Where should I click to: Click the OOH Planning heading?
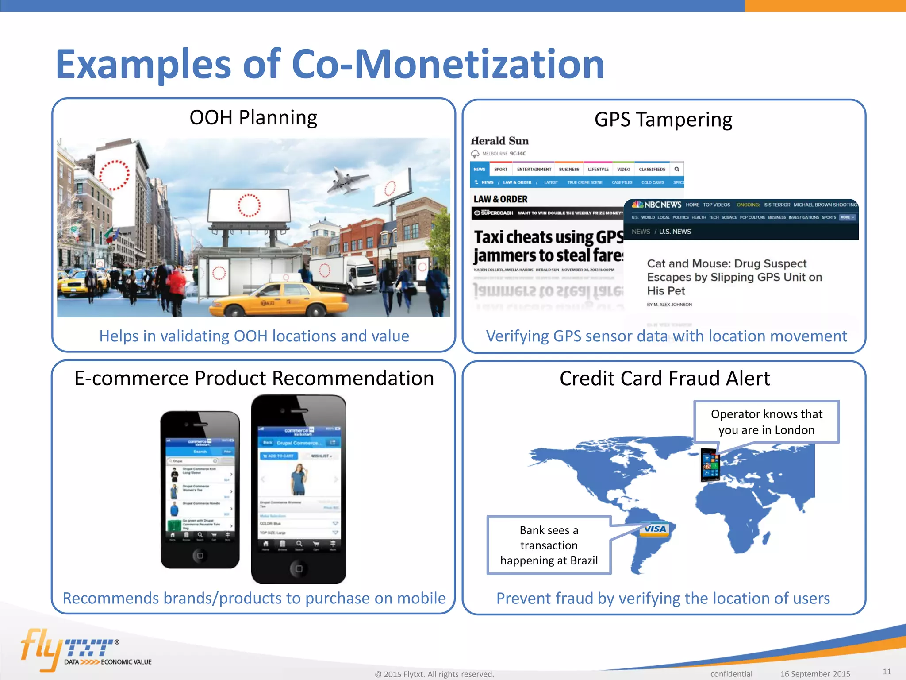(253, 118)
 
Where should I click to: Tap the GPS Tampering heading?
(663, 120)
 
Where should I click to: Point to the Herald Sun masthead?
(500, 141)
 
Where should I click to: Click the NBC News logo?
(656, 205)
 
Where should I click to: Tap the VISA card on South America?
(655, 529)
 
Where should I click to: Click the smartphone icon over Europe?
(710, 465)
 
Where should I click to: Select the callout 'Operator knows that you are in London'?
(766, 422)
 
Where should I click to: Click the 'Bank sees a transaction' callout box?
(549, 545)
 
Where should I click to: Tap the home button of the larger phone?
(299, 568)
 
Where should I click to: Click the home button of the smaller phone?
(200, 555)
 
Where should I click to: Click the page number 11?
(887, 671)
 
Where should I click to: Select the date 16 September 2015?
(815, 674)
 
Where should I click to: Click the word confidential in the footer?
(731, 674)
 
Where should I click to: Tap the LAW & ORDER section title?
(500, 199)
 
